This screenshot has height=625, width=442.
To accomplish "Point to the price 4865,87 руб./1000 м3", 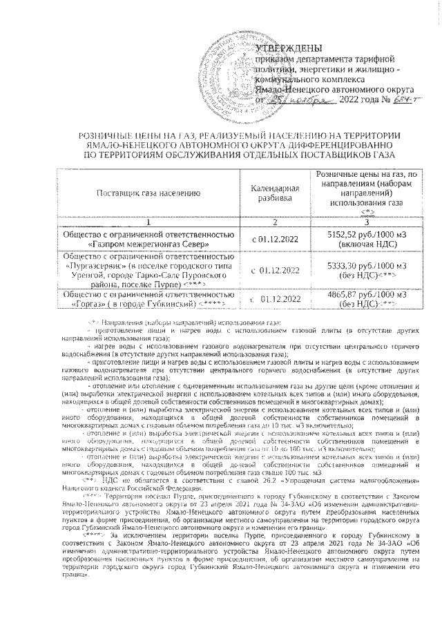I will tap(366, 294).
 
